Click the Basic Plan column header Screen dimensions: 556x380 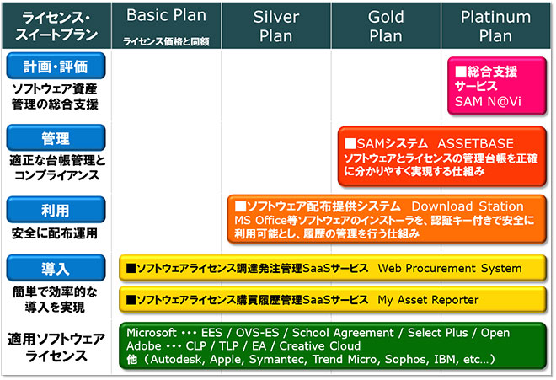point(166,25)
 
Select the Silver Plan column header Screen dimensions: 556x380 point(275,25)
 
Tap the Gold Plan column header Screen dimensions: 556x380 point(386,25)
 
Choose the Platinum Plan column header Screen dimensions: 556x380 point(495,25)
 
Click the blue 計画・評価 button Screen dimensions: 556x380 point(56,66)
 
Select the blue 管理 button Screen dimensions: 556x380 point(56,138)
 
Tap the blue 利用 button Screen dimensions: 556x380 point(56,210)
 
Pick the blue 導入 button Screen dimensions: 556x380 point(56,268)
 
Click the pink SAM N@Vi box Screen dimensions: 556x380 point(497,86)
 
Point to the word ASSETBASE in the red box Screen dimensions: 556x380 point(475,144)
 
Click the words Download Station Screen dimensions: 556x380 point(468,206)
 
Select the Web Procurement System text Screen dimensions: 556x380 point(450,268)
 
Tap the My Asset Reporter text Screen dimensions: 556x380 point(428,300)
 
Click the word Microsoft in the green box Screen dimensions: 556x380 point(152,333)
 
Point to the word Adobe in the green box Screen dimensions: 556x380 point(144,346)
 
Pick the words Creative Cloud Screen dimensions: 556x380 point(320,346)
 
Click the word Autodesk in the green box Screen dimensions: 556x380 point(177,360)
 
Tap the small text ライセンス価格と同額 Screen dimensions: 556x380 point(166,42)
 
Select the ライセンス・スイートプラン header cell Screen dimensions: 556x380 point(56,25)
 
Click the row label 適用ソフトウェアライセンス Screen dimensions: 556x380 point(56,347)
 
